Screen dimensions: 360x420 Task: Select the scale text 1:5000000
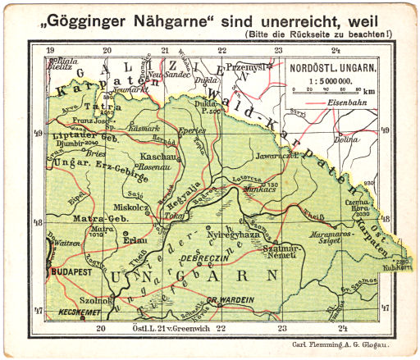point(332,82)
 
